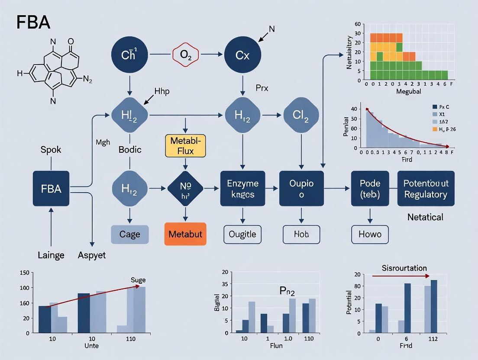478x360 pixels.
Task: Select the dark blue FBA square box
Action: click(x=51, y=189)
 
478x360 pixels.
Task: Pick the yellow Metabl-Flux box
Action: click(x=185, y=145)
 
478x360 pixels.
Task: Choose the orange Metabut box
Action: click(x=185, y=234)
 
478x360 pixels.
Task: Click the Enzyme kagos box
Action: click(x=242, y=189)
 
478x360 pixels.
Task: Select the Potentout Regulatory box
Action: click(x=426, y=189)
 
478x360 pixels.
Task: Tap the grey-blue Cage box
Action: click(x=130, y=234)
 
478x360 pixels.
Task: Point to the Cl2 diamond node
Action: click(x=301, y=115)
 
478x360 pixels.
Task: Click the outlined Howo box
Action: click(x=370, y=234)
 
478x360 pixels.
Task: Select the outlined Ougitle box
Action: click(x=242, y=234)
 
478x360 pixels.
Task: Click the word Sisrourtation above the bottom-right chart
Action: click(x=404, y=268)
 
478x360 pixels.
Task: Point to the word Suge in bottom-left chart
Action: click(x=138, y=280)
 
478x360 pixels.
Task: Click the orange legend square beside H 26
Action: click(x=435, y=129)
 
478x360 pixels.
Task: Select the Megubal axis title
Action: click(x=408, y=92)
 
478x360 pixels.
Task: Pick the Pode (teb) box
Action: click(x=370, y=189)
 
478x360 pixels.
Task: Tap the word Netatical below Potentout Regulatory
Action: click(x=426, y=217)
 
